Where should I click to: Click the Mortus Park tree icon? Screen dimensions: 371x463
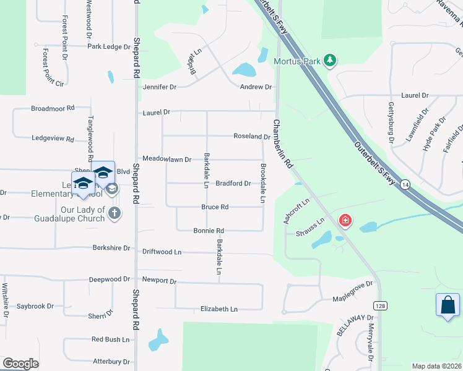coord(331,60)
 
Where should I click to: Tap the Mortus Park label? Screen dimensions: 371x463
coord(297,61)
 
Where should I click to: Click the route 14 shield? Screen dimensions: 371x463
coord(405,185)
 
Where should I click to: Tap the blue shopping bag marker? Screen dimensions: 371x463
coord(448,305)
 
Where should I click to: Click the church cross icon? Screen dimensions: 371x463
coord(114,213)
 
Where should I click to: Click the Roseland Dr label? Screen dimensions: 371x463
coord(251,136)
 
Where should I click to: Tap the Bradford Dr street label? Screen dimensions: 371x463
coord(233,184)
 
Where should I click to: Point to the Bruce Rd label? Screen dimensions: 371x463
coord(215,207)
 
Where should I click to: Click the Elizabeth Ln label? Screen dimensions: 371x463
coord(219,309)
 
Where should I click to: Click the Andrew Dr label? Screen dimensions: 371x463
coord(256,87)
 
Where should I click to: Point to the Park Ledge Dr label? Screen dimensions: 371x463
coord(109,46)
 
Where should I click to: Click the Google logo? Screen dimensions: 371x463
coord(20,364)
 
